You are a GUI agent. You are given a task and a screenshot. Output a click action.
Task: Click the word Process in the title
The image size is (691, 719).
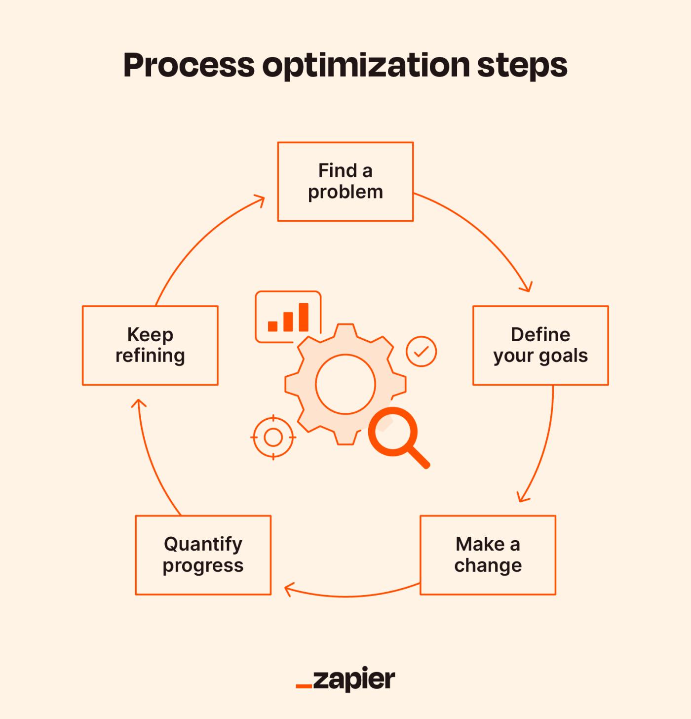click(x=189, y=65)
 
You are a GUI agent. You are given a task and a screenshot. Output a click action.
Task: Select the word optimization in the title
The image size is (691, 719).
click(x=366, y=66)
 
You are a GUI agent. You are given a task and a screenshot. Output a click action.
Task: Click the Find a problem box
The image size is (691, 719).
click(x=345, y=181)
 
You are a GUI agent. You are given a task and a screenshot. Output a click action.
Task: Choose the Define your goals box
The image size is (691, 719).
click(x=540, y=346)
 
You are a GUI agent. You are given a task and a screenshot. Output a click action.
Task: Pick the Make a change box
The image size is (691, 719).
click(x=488, y=555)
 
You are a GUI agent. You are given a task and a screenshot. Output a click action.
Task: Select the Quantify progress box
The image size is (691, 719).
click(x=203, y=555)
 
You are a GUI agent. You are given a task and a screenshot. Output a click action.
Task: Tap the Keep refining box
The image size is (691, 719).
click(x=150, y=346)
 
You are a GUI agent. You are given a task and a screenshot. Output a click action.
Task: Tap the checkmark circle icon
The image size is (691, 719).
click(x=421, y=351)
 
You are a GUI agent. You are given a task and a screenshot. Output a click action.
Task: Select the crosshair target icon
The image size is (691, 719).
click(x=273, y=438)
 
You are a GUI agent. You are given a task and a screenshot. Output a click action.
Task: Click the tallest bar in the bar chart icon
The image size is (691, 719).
click(x=304, y=317)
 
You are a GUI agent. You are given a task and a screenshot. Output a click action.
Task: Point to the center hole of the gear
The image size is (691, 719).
click(x=345, y=384)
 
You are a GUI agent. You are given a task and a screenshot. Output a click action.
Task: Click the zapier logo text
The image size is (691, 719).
click(x=354, y=679)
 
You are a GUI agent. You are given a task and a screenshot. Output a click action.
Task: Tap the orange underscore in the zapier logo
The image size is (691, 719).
click(x=304, y=686)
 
